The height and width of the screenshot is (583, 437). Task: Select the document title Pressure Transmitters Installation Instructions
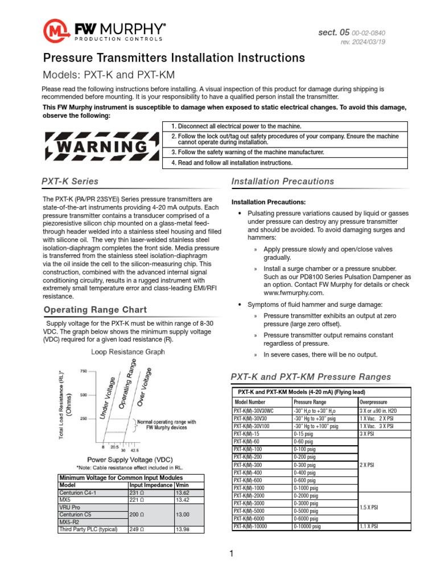[x=174, y=58]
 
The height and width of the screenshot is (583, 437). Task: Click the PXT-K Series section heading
[x=70, y=182]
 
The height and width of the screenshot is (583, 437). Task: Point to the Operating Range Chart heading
[x=95, y=310]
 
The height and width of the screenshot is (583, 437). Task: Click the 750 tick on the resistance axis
[x=83, y=371]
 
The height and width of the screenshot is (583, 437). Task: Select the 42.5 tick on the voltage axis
[x=135, y=449]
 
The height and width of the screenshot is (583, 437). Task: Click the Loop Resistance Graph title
[x=128, y=352]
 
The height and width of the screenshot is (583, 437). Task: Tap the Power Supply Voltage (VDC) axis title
[x=130, y=459]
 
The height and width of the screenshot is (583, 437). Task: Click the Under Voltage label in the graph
[x=109, y=399]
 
